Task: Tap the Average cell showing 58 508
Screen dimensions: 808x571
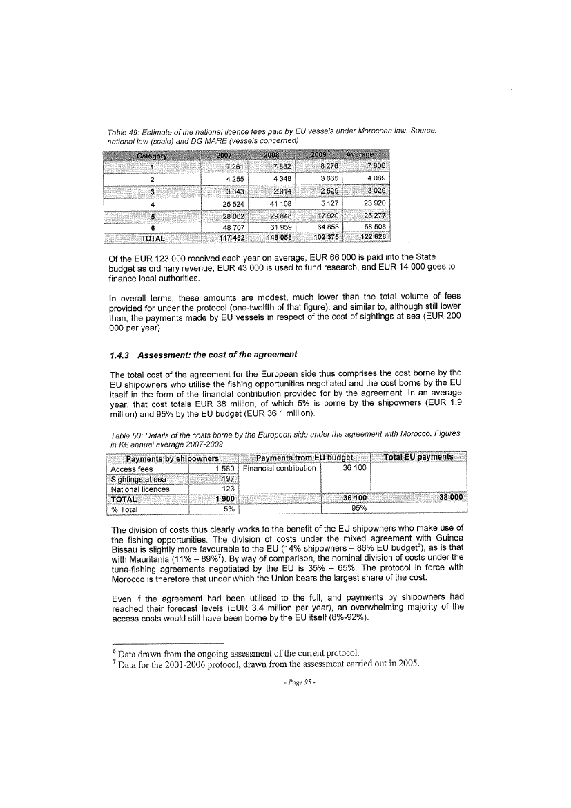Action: point(377,227)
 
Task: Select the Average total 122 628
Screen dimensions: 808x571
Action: point(377,237)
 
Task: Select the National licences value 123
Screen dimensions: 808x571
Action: point(228,488)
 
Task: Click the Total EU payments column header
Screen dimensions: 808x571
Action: point(419,458)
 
